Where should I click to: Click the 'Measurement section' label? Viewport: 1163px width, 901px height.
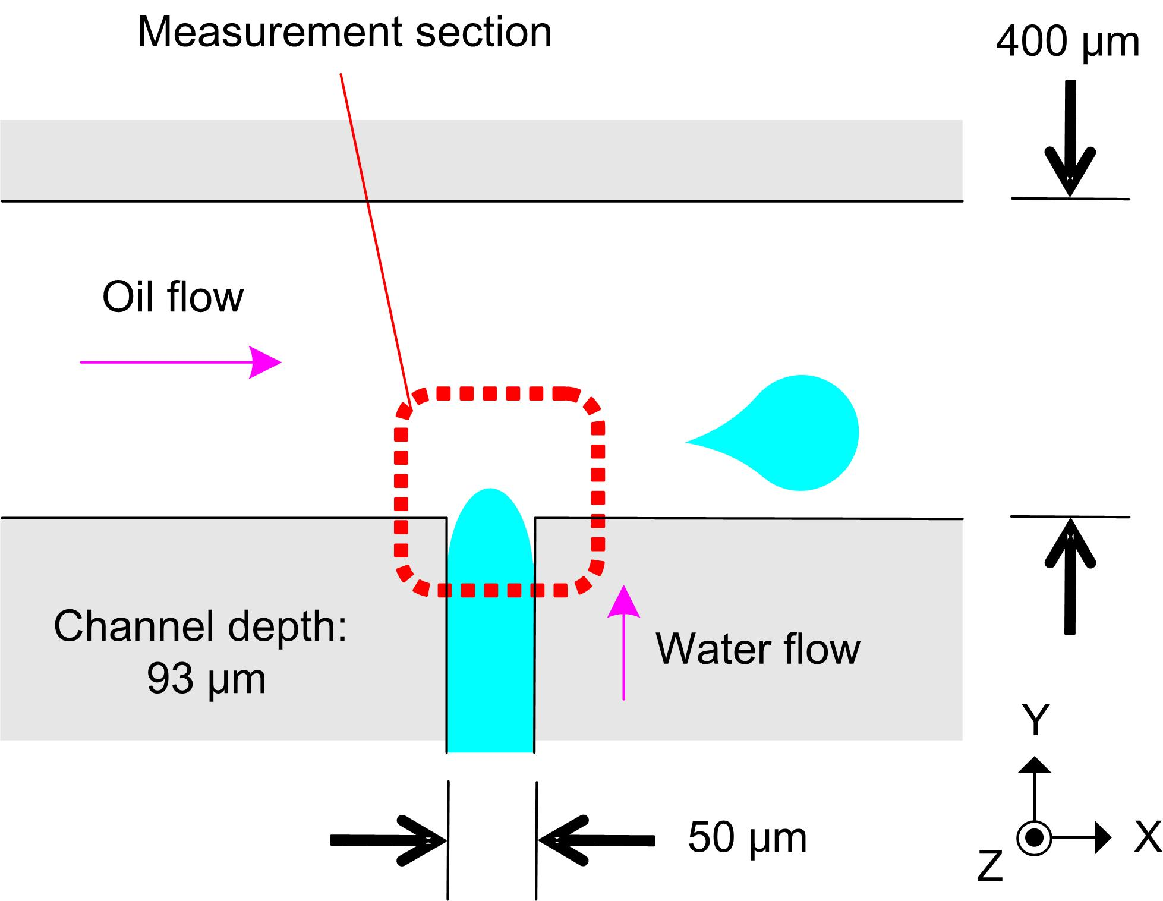(344, 32)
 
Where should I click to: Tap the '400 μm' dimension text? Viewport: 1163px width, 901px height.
(1067, 42)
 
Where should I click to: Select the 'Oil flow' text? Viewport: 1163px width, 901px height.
(172, 297)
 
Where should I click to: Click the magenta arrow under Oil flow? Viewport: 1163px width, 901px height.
(181, 361)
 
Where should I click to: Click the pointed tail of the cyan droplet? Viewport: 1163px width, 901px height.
(693, 442)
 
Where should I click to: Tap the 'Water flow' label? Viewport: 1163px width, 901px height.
(758, 648)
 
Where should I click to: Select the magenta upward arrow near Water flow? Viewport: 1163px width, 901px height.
(623, 642)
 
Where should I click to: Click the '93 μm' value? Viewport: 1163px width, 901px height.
(206, 678)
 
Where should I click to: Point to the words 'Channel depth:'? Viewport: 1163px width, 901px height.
(200, 626)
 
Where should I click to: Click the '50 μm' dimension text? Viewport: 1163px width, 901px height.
(747, 838)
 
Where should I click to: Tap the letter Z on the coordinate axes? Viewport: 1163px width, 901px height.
(990, 866)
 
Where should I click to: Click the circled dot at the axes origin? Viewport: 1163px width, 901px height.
(1035, 838)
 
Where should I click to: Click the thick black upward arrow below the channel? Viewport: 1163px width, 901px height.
(1070, 576)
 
